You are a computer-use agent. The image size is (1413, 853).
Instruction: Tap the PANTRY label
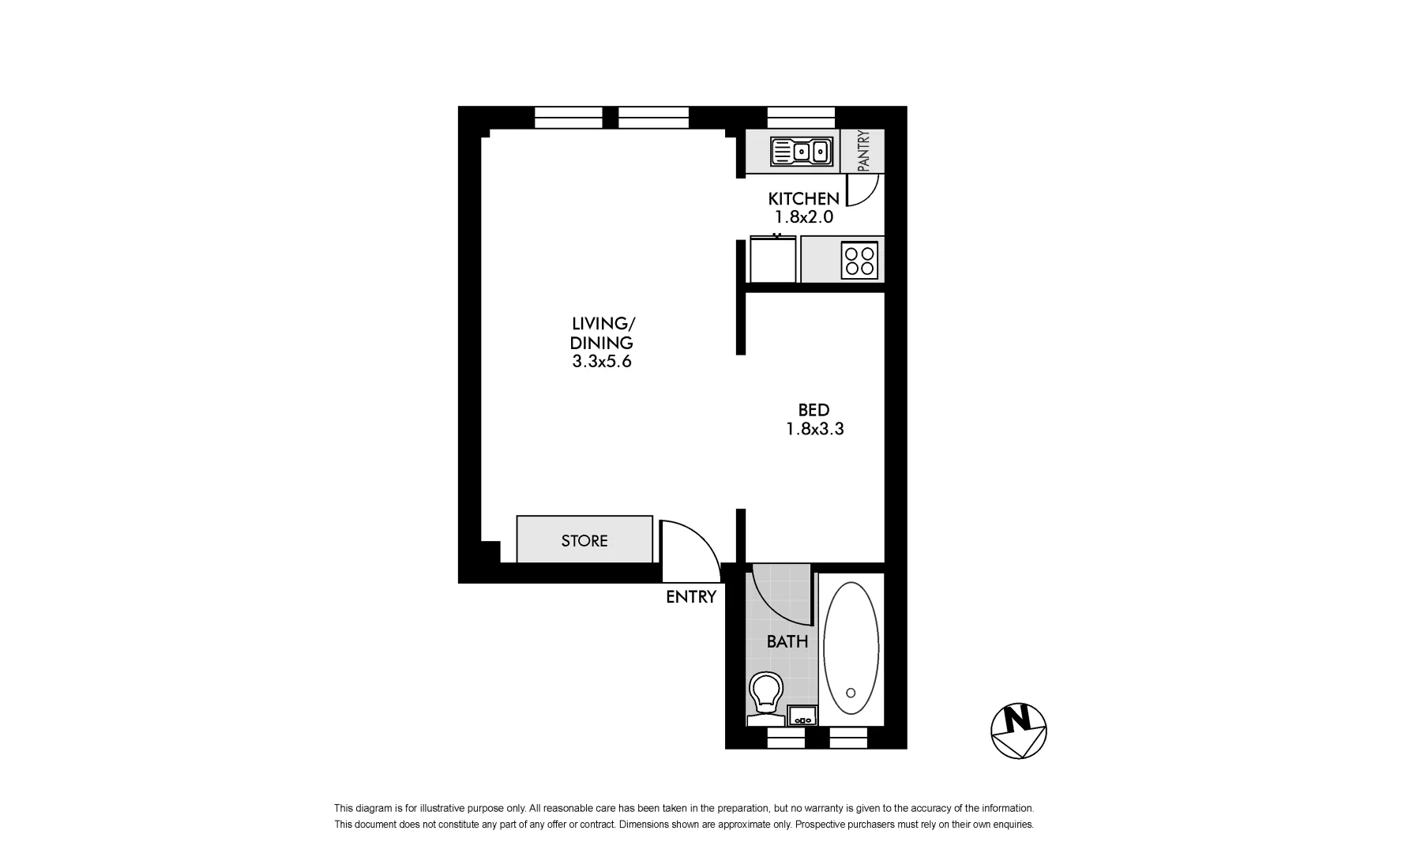click(x=863, y=151)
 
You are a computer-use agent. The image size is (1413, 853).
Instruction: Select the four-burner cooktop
click(x=859, y=261)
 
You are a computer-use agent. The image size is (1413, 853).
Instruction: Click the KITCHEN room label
click(x=803, y=199)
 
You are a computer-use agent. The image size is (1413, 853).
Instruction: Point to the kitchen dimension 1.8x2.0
click(x=803, y=217)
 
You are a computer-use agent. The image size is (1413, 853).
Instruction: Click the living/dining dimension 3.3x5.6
click(x=602, y=363)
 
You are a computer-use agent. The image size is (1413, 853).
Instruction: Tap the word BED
click(x=814, y=410)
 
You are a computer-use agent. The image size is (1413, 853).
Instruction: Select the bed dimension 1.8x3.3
click(x=814, y=430)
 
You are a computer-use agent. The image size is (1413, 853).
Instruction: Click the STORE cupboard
click(x=584, y=540)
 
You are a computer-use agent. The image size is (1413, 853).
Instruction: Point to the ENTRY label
click(x=690, y=597)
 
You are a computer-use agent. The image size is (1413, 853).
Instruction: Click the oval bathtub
click(x=851, y=649)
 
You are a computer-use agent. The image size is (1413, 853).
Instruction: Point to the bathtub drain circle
click(x=851, y=693)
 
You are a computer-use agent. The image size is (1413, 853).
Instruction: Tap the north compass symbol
click(x=1018, y=731)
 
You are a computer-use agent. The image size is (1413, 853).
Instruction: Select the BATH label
click(x=787, y=641)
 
